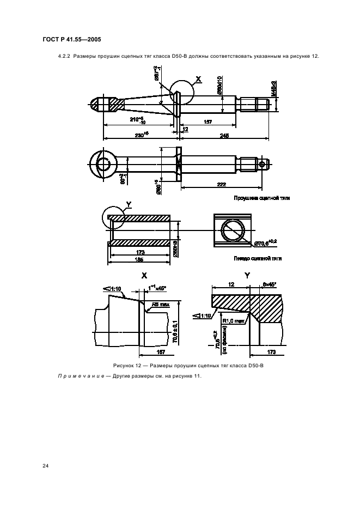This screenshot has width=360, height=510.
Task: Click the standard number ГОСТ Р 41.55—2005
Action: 71,39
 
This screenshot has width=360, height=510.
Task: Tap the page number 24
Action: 46,466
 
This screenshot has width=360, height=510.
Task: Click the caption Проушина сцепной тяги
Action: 261,198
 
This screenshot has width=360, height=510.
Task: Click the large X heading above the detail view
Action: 144,276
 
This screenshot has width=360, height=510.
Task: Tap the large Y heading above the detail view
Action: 247,276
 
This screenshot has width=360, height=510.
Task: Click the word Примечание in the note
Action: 80,377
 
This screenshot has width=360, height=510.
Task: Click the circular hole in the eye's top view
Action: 103,164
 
